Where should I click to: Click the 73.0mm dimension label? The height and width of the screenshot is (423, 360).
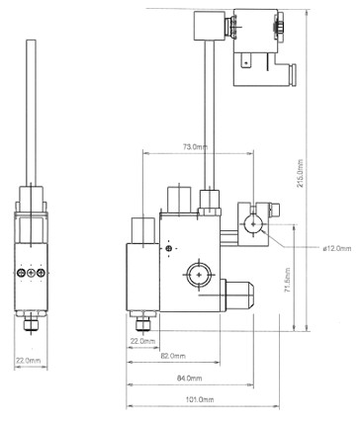tap(196, 147)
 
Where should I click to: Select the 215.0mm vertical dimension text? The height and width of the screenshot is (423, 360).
tap(301, 174)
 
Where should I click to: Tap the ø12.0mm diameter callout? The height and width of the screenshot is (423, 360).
tap(337, 248)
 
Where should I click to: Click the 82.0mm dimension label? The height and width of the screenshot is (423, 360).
tap(173, 356)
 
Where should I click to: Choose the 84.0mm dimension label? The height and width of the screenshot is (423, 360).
tap(190, 379)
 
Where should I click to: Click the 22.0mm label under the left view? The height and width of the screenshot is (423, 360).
tap(29, 361)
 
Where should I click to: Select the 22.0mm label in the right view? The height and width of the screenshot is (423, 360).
tap(142, 341)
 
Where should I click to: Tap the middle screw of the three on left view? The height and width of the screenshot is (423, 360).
tap(31, 273)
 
